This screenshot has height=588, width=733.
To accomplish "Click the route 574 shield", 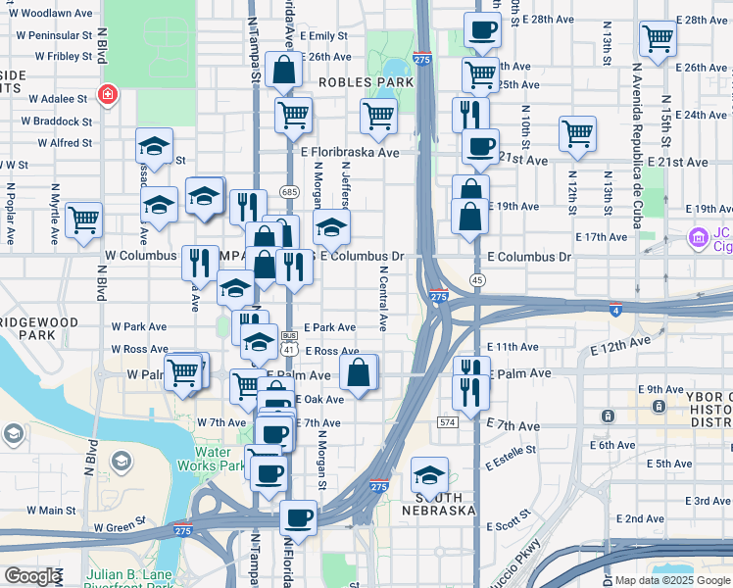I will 448,421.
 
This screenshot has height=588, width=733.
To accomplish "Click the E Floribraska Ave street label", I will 350,153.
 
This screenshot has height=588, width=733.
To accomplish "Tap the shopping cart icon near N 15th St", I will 659,39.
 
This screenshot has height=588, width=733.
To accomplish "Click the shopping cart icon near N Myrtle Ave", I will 84,220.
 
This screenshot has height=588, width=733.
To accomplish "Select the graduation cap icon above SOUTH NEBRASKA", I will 429,475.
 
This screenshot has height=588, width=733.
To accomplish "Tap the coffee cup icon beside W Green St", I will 298,516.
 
